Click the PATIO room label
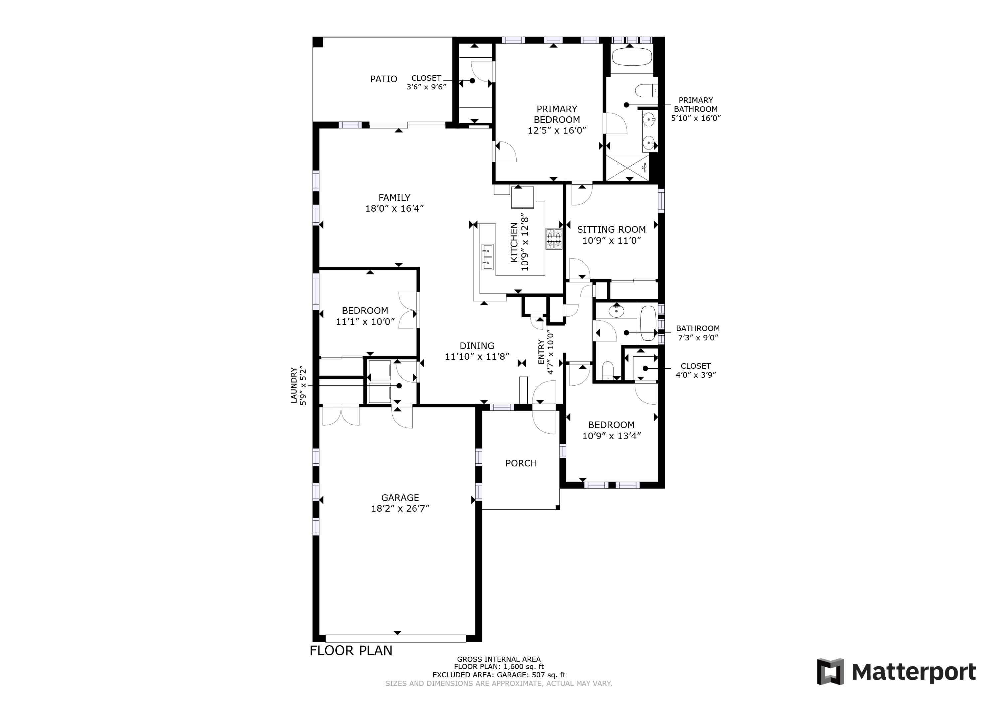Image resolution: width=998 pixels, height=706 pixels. pos(383,79)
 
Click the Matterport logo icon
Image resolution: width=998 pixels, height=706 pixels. pos(830,672)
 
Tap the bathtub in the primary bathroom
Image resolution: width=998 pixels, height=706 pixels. pos(632,57)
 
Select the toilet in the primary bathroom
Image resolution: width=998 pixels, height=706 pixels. pos(646,90)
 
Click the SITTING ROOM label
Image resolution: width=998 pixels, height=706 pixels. pos(611,230)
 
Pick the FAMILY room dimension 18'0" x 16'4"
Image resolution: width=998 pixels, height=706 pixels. pos(394,208)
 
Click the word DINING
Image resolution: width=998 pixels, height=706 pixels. pos(477,346)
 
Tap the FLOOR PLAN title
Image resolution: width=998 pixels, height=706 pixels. pos(351,651)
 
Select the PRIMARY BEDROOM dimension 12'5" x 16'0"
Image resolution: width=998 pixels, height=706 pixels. pos(557,130)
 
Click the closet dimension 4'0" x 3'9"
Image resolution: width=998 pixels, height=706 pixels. pos(696,375)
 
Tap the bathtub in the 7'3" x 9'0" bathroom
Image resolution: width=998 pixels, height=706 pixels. pos(648,323)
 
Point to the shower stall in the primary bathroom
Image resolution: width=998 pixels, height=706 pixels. pos(627,167)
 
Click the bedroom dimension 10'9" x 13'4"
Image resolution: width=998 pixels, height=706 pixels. pos(611,436)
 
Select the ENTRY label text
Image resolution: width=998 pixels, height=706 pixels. pos(541,352)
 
